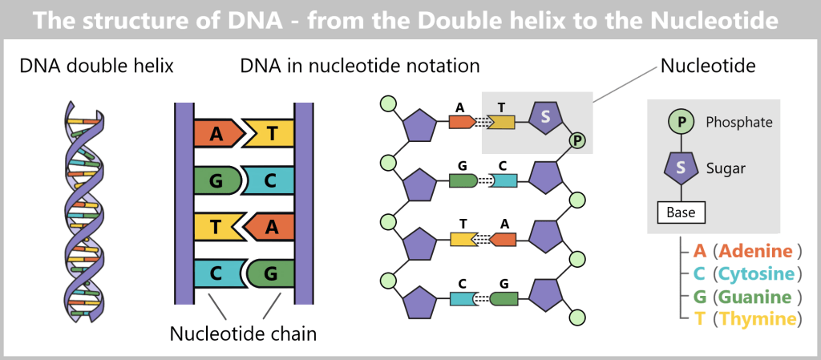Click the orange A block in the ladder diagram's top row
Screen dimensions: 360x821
coord(216,134)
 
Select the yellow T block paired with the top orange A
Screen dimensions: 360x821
coord(270,134)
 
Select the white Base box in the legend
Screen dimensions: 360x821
coord(681,213)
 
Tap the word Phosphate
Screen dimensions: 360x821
coord(739,123)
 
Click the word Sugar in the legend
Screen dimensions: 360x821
coord(726,168)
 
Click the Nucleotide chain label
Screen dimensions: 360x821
coord(243,334)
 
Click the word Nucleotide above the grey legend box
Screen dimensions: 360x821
coord(708,66)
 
